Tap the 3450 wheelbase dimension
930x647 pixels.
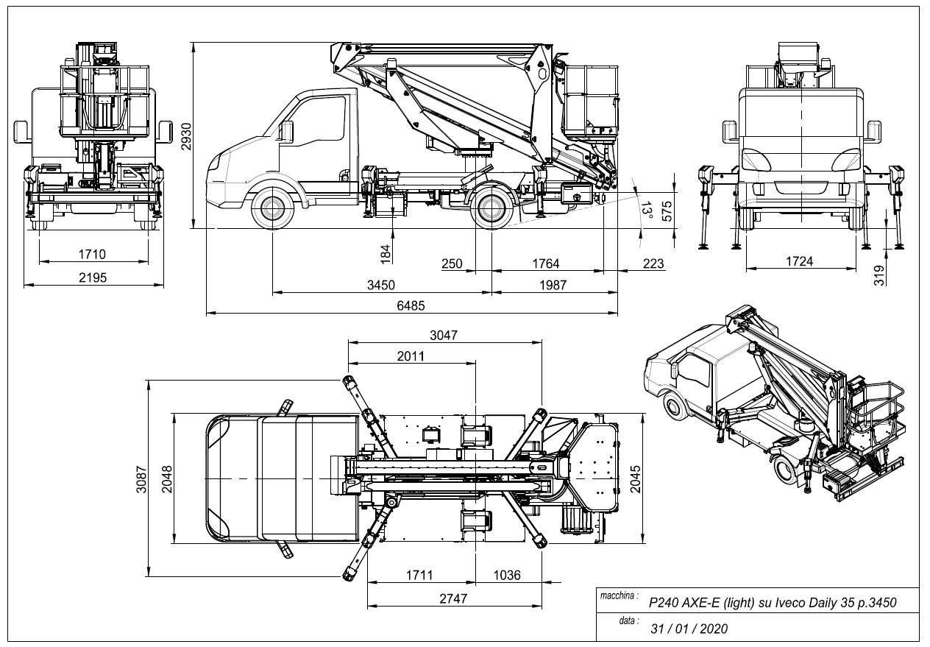tap(380, 285)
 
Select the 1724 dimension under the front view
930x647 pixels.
tap(803, 261)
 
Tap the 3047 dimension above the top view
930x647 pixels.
tap(444, 335)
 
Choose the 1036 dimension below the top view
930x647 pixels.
tap(506, 575)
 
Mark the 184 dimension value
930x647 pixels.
tap(386, 252)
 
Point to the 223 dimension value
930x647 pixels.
tap(653, 263)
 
